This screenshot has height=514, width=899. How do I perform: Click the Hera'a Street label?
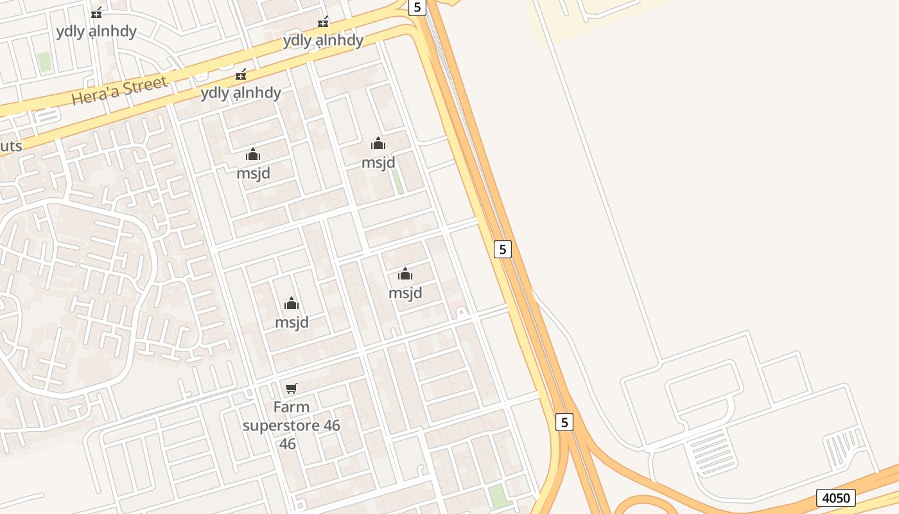point(119,91)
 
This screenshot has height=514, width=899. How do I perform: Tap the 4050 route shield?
point(835,497)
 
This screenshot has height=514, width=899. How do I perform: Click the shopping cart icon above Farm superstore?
point(292,388)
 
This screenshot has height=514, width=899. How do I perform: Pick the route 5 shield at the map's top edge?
point(417,7)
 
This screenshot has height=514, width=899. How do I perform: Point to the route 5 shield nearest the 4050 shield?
point(564,422)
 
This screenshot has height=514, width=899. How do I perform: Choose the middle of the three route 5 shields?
point(503,249)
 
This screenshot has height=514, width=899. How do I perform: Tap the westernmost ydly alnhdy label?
point(96,31)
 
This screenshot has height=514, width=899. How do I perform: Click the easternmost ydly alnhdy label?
point(323,40)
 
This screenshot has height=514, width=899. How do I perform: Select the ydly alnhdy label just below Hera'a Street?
point(241,93)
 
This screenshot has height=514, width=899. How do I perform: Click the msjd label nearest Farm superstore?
point(292,322)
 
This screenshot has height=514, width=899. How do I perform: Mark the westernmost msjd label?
point(253,173)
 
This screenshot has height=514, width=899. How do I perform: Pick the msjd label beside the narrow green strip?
point(378,162)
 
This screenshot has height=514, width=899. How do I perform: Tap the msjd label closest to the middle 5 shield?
point(405,292)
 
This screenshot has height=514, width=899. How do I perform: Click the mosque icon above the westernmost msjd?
point(253,154)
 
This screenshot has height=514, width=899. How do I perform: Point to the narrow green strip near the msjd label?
point(397,181)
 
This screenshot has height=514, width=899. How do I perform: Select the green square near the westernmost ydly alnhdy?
point(44,62)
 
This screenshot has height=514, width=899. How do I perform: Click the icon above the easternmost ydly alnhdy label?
point(323,22)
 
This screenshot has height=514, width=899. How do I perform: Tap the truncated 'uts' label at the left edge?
point(11,146)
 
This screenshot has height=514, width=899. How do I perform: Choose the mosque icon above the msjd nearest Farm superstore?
point(292,303)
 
